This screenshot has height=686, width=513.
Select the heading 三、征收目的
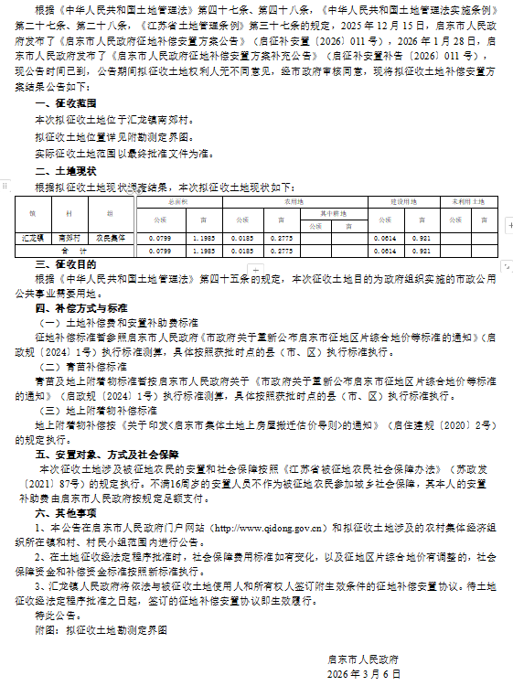click(x=63, y=263)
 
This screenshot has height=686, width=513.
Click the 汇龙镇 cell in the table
click(x=32, y=236)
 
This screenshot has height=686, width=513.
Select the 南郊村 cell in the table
click(x=69, y=236)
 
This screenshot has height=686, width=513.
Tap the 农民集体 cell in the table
click(x=110, y=236)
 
